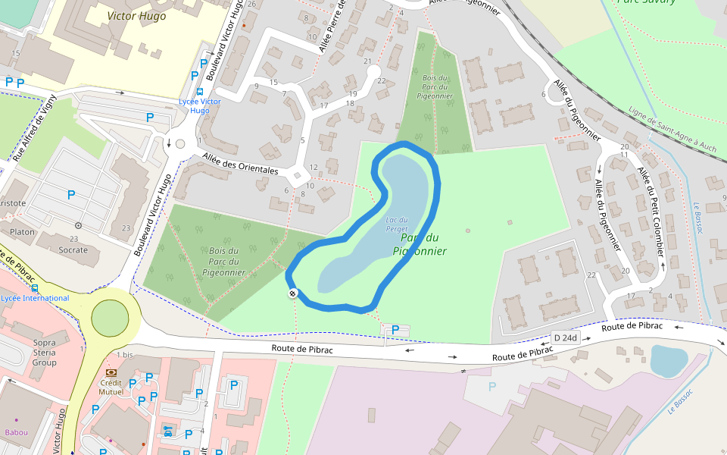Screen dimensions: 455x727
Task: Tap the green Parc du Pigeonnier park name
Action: click(420, 244)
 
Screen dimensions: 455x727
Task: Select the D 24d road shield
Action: click(565, 337)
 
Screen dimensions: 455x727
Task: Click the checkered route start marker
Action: click(292, 293)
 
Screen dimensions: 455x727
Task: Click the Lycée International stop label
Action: click(35, 298)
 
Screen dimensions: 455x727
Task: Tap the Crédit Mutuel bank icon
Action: click(111, 372)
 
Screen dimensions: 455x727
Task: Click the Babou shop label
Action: click(16, 432)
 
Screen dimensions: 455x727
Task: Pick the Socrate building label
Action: click(73, 249)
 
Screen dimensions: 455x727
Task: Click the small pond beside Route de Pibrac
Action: click(669, 361)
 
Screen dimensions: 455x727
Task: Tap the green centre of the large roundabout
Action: click(110, 318)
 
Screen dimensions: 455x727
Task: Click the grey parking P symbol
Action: click(491, 387)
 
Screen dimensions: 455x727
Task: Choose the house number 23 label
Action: click(126, 227)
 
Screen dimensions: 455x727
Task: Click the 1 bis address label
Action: click(125, 355)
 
